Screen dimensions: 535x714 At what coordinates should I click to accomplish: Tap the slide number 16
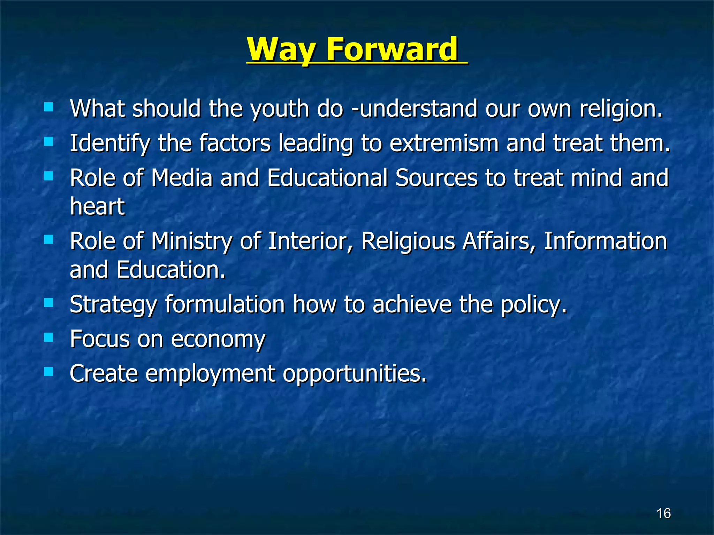coord(663,513)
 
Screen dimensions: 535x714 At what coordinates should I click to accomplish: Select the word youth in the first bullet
coord(279,109)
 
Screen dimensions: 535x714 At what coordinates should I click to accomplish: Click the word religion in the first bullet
coord(621,109)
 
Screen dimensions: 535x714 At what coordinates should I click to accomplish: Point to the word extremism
coord(444,143)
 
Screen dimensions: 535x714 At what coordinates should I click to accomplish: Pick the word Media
coord(182,178)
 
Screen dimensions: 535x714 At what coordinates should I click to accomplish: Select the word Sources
coord(436,178)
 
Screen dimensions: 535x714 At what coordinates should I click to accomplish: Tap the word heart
coord(97,206)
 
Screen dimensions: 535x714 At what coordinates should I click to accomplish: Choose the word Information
coord(605,241)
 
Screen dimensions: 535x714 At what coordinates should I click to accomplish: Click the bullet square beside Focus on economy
coord(49,337)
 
